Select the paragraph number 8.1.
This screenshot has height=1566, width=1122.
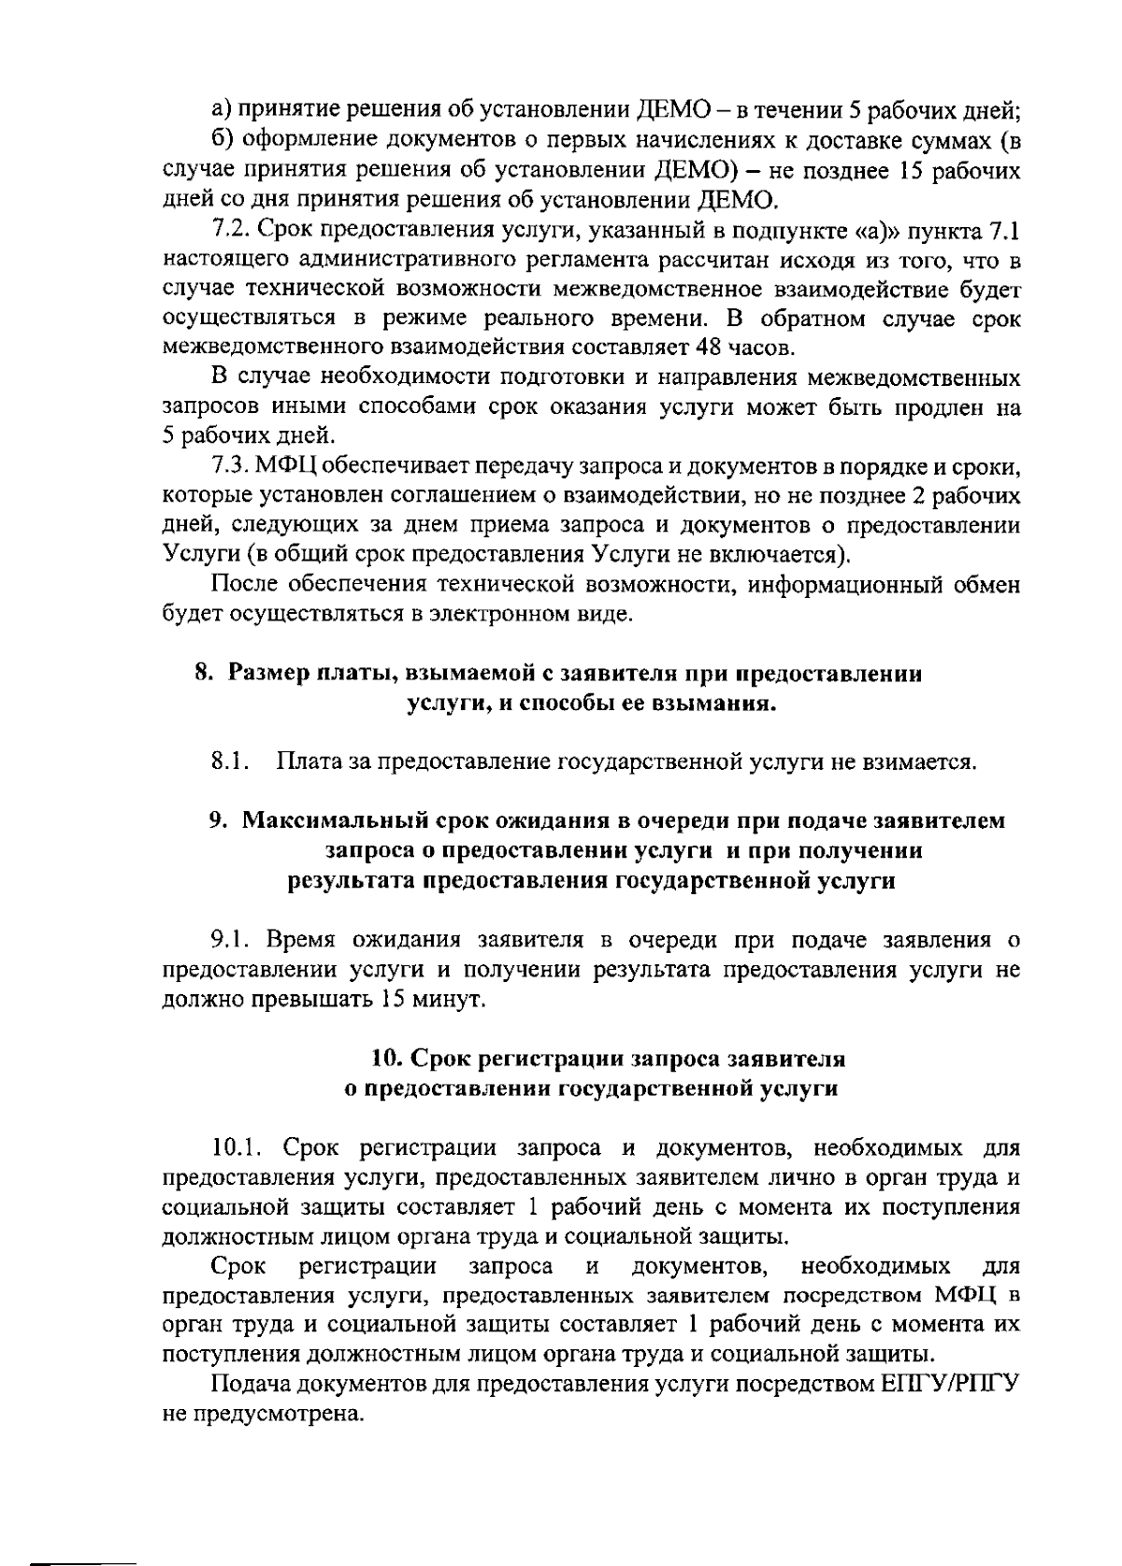[229, 762]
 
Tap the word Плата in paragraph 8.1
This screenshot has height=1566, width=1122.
[309, 762]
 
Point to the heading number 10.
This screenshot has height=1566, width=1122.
[386, 1060]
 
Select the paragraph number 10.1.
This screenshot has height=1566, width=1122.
[237, 1147]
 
